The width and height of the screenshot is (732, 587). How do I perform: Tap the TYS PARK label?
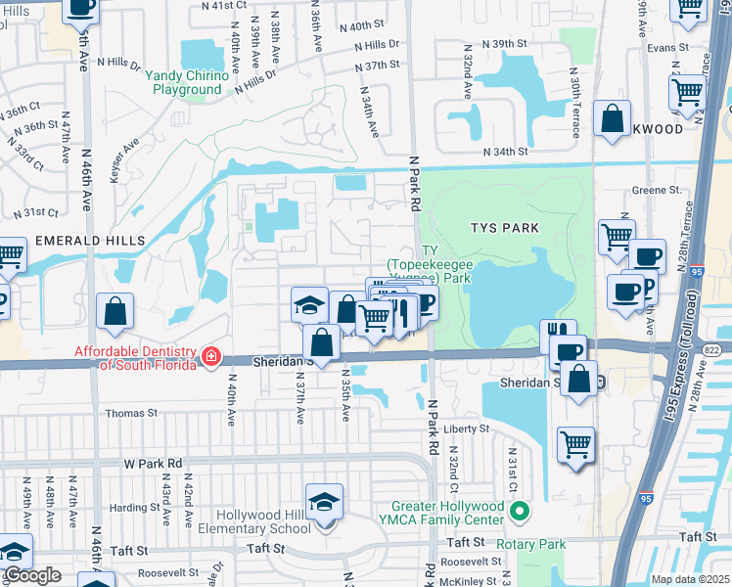[x=505, y=227]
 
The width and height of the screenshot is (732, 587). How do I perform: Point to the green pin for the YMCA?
[x=522, y=509]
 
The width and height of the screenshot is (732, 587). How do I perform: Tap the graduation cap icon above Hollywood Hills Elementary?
[x=324, y=502]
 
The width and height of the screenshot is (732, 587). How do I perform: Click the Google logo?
[x=31, y=575]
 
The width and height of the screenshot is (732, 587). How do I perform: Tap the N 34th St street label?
[x=506, y=152]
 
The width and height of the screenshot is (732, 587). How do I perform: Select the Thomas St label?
[x=131, y=413]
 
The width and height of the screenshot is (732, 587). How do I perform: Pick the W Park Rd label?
[x=153, y=462]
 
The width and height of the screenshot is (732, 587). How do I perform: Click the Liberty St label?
[x=466, y=429]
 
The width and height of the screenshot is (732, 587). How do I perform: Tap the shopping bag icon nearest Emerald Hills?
[x=115, y=312]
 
